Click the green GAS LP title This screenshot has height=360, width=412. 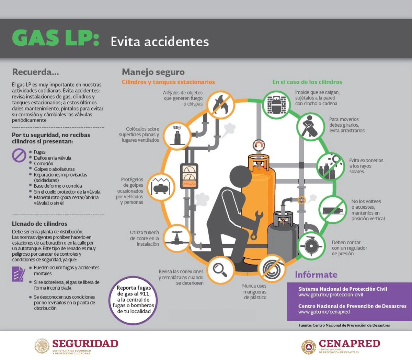[x=55, y=38]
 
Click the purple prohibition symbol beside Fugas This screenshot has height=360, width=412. [x=19, y=155]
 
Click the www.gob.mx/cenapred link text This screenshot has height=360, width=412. [x=324, y=312]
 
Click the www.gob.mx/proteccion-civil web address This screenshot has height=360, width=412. [x=330, y=295]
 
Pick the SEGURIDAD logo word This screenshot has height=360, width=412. [x=85, y=344]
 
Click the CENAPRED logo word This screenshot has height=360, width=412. [x=349, y=344]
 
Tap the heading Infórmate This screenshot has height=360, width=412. [x=316, y=275]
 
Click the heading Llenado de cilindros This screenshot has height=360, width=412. [x=39, y=224]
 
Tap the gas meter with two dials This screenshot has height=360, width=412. [x=189, y=176]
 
